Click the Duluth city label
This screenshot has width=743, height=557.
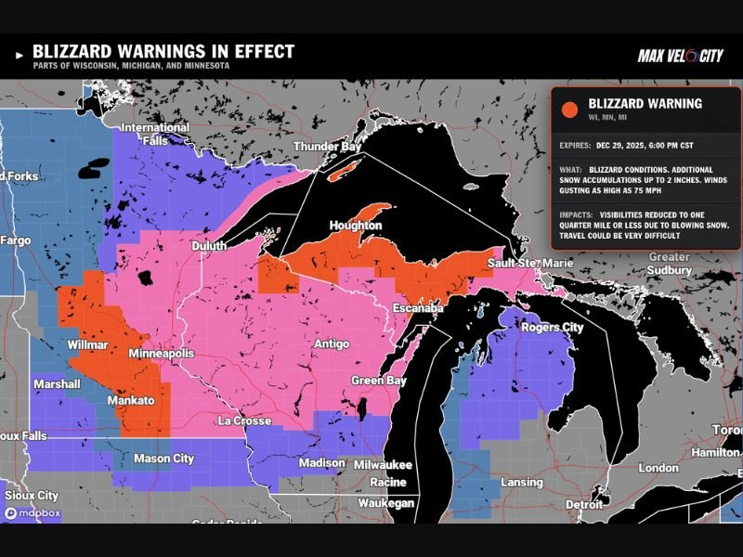coord(209,246)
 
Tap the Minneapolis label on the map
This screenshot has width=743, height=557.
coord(162,355)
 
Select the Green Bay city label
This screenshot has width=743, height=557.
coord(379,381)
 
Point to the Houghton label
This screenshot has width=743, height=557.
coord(356,226)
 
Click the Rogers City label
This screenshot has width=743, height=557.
coord(552,327)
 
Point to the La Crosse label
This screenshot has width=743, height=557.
coord(243,421)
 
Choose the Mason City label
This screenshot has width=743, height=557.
coord(164,458)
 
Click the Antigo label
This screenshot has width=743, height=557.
coord(332,344)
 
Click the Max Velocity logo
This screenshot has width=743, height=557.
coord(680,57)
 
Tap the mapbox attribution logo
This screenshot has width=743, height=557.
coord(28,512)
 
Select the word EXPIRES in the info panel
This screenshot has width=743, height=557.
coord(580,146)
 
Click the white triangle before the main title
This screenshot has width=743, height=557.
coord(19,56)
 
